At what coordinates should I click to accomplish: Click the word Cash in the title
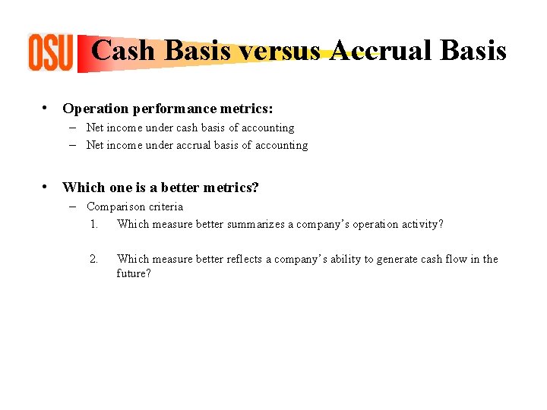coord(124,51)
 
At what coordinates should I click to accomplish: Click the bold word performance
coord(168,109)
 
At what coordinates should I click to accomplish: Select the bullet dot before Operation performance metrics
coord(46,109)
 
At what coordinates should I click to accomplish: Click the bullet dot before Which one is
coord(46,187)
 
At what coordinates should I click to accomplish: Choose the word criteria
coord(167,207)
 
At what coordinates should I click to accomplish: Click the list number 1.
coord(93,224)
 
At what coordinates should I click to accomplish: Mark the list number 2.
coord(93,259)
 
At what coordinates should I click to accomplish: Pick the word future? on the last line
coord(134,273)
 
